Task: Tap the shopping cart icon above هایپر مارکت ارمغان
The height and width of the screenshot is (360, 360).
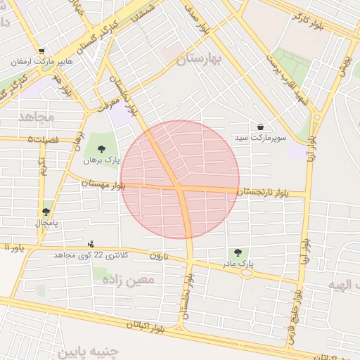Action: pyautogui.click(x=41, y=51)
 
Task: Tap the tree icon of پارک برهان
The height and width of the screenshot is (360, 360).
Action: pyautogui.click(x=102, y=149)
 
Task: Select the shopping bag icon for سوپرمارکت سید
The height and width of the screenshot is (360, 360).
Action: pyautogui.click(x=261, y=127)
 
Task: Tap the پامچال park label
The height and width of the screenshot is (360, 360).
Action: pyautogui.click(x=46, y=222)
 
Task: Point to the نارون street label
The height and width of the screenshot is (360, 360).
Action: pyautogui.click(x=159, y=256)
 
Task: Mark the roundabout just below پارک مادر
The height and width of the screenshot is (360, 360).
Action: pyautogui.click(x=246, y=274)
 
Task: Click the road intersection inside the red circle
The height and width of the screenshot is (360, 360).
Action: pyautogui.click(x=181, y=188)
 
